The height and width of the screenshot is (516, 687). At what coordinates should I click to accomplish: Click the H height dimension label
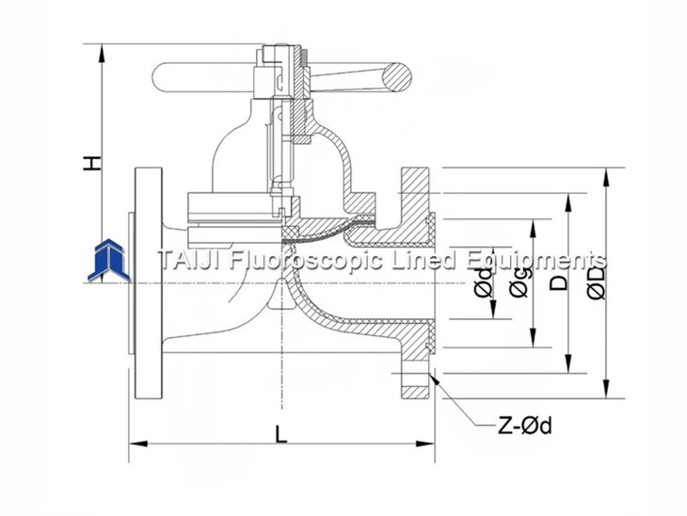(91, 162)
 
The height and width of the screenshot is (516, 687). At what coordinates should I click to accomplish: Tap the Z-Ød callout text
(524, 426)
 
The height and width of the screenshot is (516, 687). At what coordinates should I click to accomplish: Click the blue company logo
(111, 260)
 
